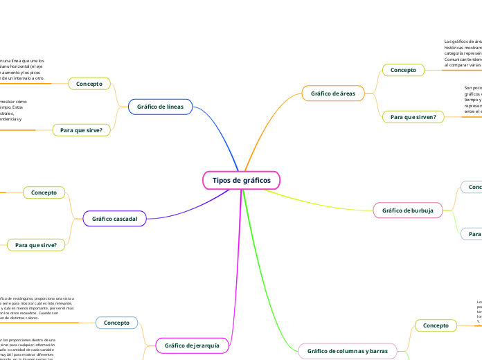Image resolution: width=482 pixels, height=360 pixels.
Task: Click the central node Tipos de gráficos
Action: [x=241, y=180]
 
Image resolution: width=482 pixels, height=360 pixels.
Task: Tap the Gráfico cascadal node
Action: [x=114, y=219]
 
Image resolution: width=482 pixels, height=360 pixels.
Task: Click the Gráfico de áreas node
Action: [x=332, y=93]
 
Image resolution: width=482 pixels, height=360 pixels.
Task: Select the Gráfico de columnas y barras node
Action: [x=347, y=352]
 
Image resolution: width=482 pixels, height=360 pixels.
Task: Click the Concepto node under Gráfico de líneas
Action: [x=89, y=84]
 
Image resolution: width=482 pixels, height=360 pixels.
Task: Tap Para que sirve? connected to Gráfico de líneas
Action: [x=81, y=129]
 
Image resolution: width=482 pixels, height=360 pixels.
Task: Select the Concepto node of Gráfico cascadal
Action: [x=44, y=192]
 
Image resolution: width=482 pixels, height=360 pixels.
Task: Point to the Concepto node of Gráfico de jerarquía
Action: [x=116, y=323]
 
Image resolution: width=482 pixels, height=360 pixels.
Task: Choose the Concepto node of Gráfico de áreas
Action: [x=403, y=70]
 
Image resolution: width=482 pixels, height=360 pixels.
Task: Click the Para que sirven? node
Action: [x=413, y=117]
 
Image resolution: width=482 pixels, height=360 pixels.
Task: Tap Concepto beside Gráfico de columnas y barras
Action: [x=436, y=325]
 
